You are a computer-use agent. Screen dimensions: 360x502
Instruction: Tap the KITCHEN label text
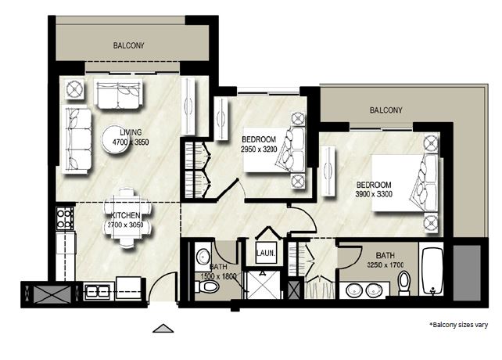125,215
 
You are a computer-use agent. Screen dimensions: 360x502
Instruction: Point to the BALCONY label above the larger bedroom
386,110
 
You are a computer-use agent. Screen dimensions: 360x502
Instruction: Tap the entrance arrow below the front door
162,328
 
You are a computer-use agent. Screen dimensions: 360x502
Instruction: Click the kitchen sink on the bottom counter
97,292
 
